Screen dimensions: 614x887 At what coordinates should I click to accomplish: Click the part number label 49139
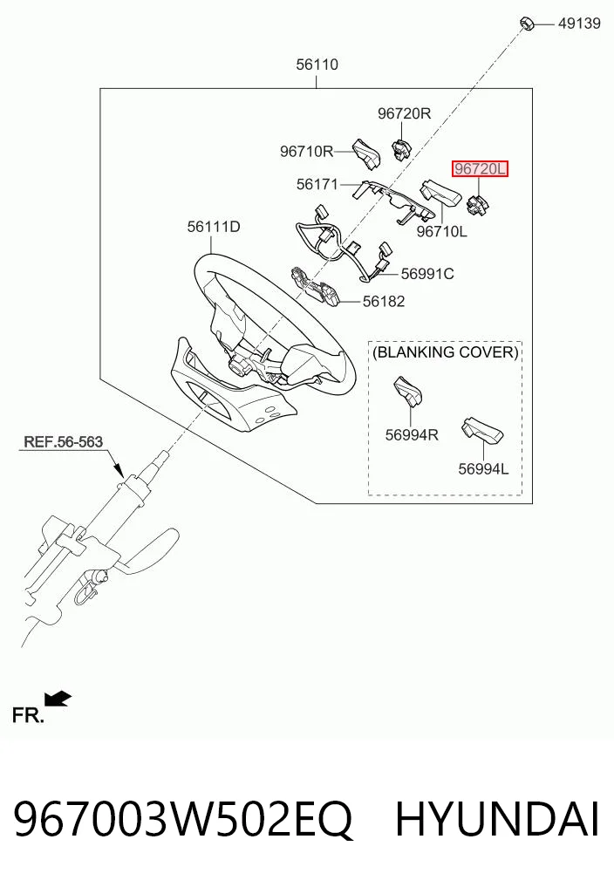click(579, 24)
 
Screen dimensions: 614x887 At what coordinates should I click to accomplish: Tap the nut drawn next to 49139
click(526, 24)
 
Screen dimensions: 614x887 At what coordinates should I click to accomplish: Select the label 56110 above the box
click(317, 65)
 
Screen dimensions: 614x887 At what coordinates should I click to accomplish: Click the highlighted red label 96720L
click(480, 169)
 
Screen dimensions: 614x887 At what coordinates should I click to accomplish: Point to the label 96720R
click(404, 113)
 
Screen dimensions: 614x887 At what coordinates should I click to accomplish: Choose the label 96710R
click(306, 152)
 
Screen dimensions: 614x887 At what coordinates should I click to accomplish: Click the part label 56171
click(317, 184)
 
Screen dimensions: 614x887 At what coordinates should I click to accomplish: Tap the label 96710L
click(442, 231)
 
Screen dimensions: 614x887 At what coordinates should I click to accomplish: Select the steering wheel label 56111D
click(214, 227)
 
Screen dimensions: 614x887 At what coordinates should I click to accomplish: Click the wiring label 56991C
click(427, 274)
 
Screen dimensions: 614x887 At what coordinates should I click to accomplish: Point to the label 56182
click(384, 302)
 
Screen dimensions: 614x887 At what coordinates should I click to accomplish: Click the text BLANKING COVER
click(446, 352)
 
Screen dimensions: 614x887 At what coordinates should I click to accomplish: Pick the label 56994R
click(412, 435)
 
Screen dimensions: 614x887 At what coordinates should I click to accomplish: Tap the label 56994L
click(483, 469)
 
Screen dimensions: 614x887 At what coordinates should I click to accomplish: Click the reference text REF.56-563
click(64, 442)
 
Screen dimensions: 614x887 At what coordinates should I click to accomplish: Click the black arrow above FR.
click(58, 699)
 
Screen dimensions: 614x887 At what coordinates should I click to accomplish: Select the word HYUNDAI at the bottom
click(497, 820)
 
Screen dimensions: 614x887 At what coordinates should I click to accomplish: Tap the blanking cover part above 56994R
click(408, 391)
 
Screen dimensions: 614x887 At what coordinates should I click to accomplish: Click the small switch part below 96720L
click(477, 203)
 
